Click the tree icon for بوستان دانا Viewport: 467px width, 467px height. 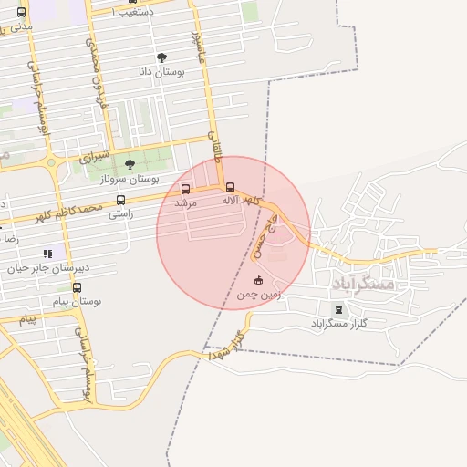point(161,57)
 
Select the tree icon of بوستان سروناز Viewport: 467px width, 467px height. point(130,164)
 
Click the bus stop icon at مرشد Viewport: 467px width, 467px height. point(186,189)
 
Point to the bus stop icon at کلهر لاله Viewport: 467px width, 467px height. point(229,187)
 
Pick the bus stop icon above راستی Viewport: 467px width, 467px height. point(120,200)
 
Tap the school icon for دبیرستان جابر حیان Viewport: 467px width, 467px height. point(47,254)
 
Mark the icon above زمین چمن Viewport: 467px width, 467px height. point(258,280)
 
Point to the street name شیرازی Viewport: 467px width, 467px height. point(94,157)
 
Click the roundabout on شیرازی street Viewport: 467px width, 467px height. point(50,165)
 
